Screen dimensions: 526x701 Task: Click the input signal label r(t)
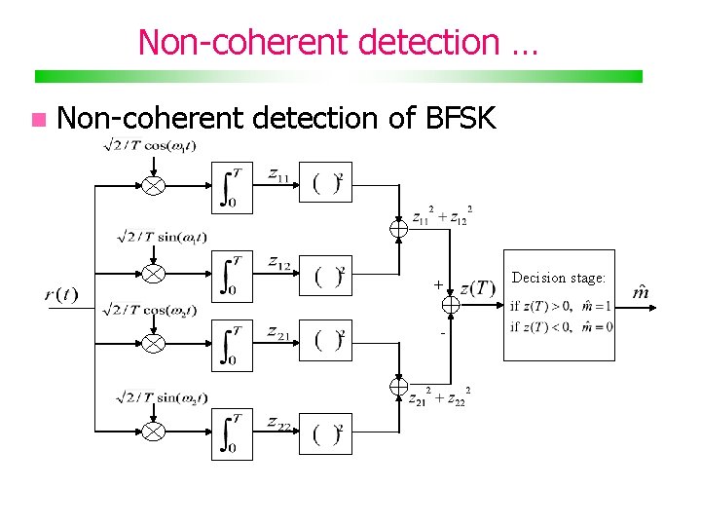pyautogui.click(x=61, y=295)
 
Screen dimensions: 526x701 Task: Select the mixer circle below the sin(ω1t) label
pyautogui.click(x=153, y=273)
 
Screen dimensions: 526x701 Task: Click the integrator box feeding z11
pyautogui.click(x=232, y=186)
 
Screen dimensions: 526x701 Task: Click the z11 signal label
pyautogui.click(x=280, y=174)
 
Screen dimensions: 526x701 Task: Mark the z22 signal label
pyautogui.click(x=280, y=422)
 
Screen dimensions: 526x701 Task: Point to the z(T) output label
pyautogui.click(x=477, y=287)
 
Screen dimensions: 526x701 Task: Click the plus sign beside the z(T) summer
pyautogui.click(x=438, y=284)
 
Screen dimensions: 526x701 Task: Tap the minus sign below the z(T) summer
pyautogui.click(x=441, y=334)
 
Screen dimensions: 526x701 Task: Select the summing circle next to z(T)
pyautogui.click(x=450, y=305)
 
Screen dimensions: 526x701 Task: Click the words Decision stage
pyautogui.click(x=558, y=278)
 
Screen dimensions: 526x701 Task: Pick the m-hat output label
pyautogui.click(x=642, y=292)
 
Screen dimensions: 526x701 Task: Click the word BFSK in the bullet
pyautogui.click(x=461, y=119)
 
